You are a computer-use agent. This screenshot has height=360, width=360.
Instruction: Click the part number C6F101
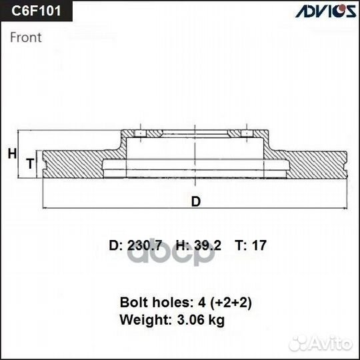coord(33,11)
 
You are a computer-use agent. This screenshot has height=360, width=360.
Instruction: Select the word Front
coord(26,37)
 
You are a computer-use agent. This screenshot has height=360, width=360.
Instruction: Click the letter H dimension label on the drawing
coord(11,154)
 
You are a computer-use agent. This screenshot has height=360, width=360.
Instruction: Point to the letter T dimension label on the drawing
coord(29,163)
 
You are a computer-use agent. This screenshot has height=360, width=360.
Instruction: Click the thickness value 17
coord(259,245)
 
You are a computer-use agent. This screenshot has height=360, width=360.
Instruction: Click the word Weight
coord(140,320)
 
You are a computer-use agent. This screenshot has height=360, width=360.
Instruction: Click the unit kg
coord(215,320)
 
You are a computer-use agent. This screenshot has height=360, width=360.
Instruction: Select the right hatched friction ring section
coord(317,163)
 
